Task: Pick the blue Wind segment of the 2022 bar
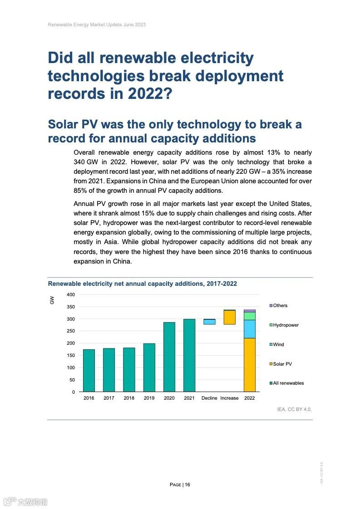coord(249,329)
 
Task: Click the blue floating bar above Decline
coord(209,322)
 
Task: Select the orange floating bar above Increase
coord(229,318)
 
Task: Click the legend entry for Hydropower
coord(286,325)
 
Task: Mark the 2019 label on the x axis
coord(149,398)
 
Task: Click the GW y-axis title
coord(52,300)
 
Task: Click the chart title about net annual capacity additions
coord(143,284)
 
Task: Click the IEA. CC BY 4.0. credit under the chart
coord(294,409)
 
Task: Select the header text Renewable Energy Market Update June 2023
coord(97,24)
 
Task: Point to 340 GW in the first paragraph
coord(84,162)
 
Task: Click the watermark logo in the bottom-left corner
coord(25,501)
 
